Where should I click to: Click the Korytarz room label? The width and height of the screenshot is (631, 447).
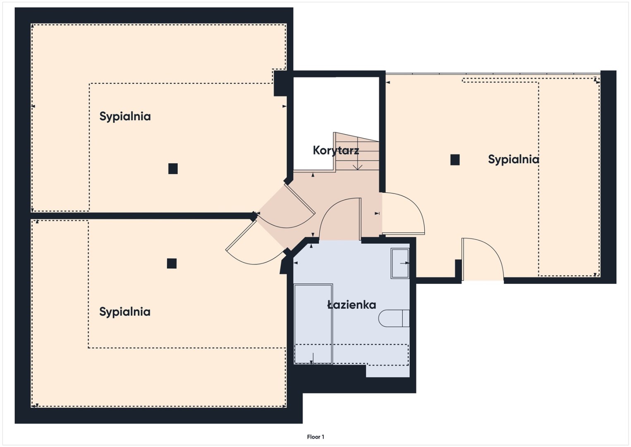[x=336, y=150]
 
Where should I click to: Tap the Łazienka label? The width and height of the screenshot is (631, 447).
[x=351, y=305]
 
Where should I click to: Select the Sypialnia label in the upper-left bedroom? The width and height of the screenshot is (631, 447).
[x=125, y=116]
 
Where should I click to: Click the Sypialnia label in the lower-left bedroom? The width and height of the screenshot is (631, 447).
[x=125, y=312]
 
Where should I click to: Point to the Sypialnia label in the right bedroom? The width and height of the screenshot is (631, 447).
[x=514, y=160]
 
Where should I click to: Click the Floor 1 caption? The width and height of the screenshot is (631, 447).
[x=315, y=437]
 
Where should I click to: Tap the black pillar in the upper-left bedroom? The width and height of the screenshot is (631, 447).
[x=173, y=168]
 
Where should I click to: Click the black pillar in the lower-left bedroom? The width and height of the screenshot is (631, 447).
[x=172, y=263]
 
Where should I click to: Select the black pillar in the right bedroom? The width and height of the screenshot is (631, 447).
[x=455, y=160]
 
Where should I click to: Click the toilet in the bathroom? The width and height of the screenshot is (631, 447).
[x=394, y=318]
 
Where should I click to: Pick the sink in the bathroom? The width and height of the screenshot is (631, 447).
[x=400, y=263]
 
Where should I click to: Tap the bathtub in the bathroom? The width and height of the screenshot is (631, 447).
[x=313, y=324]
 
